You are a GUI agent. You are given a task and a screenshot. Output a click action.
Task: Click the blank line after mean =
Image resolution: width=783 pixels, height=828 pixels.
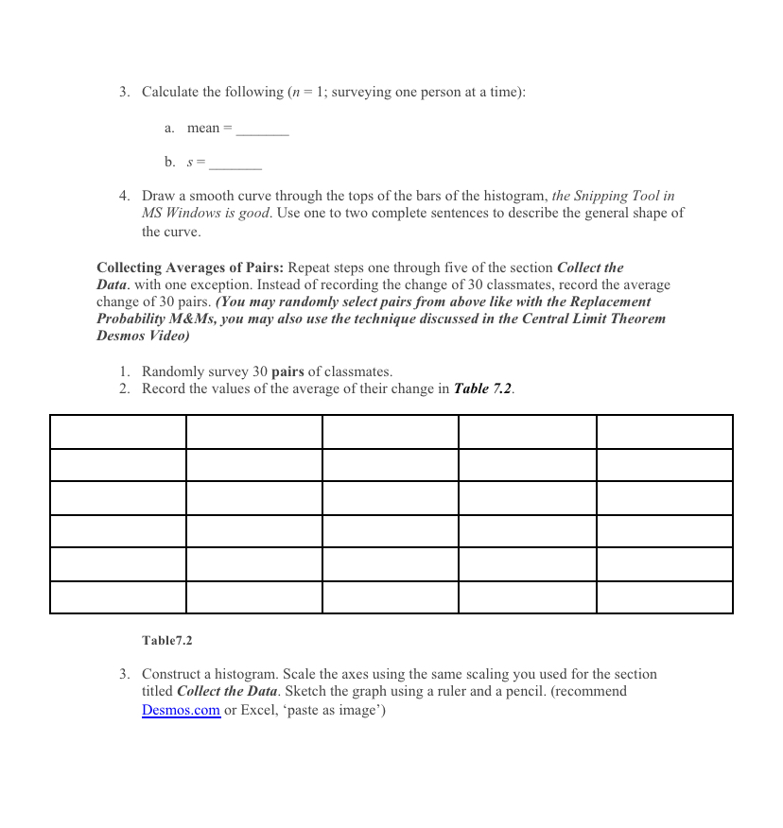[262, 130]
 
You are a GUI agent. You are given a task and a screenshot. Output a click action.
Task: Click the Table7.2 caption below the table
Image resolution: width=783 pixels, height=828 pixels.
[166, 641]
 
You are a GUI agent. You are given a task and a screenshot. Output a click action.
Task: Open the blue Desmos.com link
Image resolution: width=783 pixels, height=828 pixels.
[181, 710]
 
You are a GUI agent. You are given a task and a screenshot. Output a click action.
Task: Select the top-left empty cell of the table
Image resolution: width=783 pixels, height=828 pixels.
[118, 432]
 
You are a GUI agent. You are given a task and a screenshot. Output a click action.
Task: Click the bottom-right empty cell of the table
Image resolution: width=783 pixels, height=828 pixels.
[664, 597]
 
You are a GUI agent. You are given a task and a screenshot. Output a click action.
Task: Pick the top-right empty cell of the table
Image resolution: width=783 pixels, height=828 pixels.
[664, 432]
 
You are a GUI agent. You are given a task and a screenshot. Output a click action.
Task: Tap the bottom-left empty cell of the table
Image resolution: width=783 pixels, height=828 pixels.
[118, 597]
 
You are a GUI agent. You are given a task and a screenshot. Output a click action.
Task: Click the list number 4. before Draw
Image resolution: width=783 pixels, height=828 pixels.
[125, 196]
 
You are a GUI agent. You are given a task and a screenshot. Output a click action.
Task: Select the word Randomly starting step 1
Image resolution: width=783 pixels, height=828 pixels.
[172, 371]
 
